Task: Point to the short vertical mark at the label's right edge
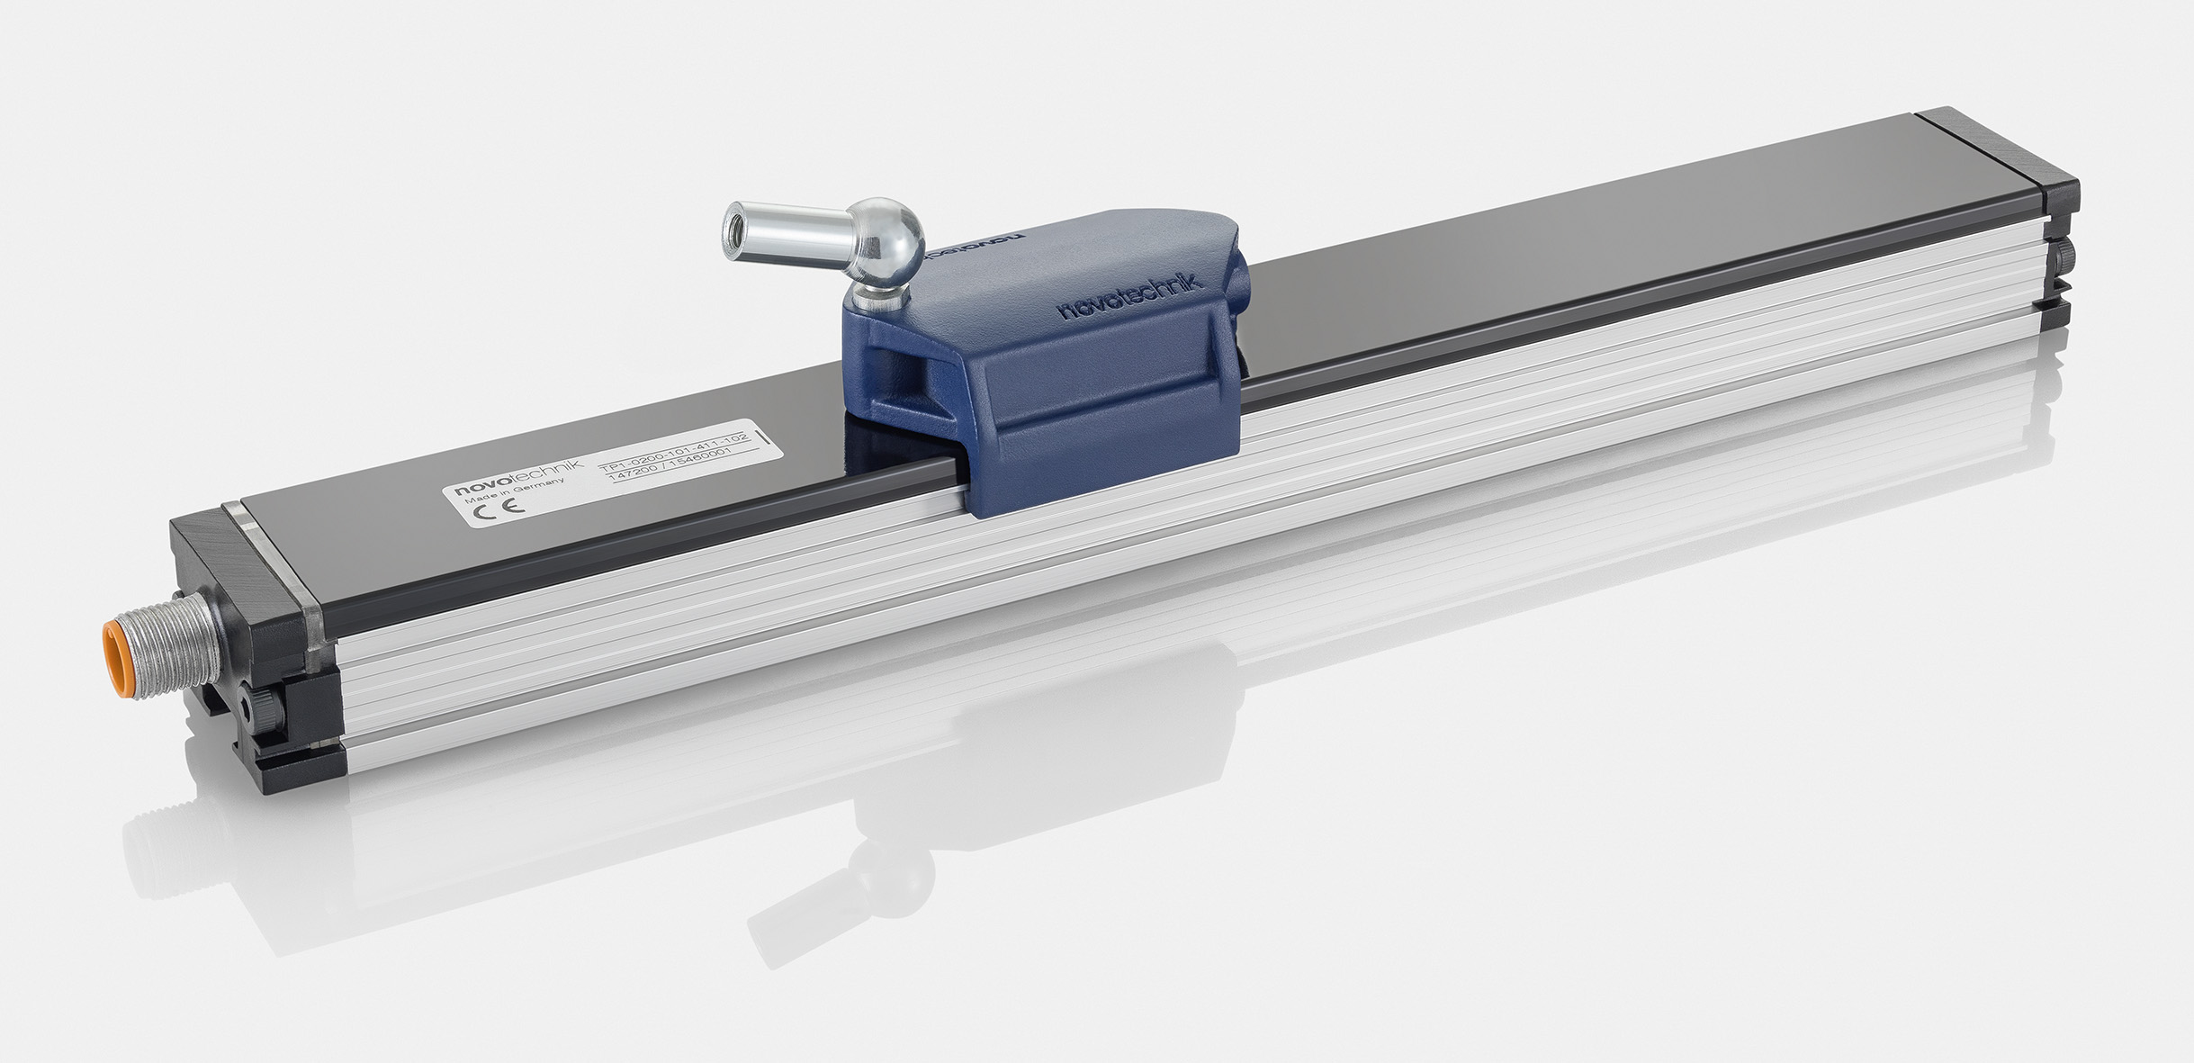[764, 439]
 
